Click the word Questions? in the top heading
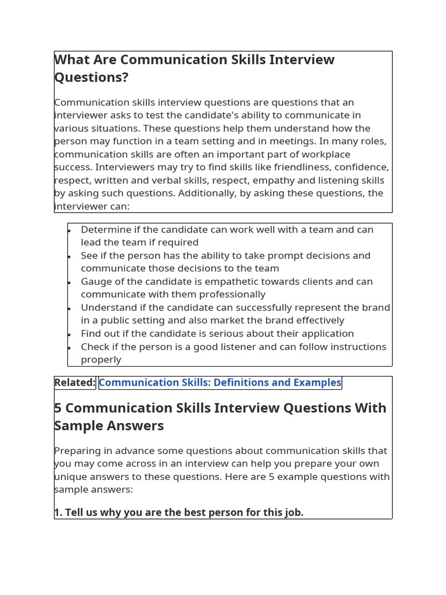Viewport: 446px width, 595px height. (x=91, y=77)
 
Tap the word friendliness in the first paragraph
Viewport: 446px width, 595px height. (x=308, y=167)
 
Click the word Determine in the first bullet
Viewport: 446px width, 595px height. (x=106, y=230)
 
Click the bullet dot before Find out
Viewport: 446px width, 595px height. (x=69, y=334)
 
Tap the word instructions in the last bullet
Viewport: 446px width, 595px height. (x=354, y=346)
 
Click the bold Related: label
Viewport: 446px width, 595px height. (x=75, y=382)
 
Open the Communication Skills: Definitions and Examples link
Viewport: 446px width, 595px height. (x=220, y=382)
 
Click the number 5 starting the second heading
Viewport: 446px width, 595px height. (x=58, y=408)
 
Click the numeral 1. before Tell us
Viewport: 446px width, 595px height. (x=58, y=512)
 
